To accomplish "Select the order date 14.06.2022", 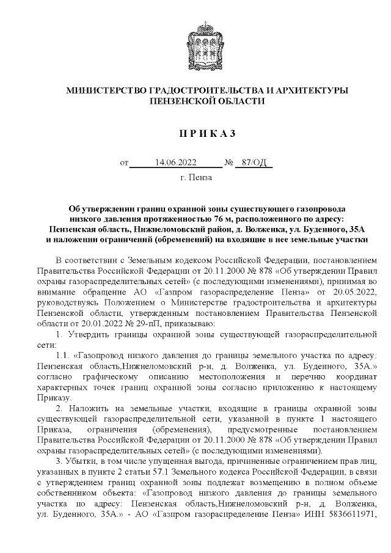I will coord(175,163).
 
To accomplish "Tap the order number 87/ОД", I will coord(254,163).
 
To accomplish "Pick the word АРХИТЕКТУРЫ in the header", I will coord(312,90).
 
